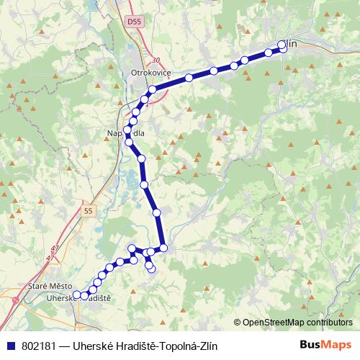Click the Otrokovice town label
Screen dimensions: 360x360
149,73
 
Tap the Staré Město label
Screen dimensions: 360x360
47,286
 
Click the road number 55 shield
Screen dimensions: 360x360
88,211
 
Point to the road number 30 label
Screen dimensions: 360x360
156,60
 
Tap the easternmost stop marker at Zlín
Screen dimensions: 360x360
284,48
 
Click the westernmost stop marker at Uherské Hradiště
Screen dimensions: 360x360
76,294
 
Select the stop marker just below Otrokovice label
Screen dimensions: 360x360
152,89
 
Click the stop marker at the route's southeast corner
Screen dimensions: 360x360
163,248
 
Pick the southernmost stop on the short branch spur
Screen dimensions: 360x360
151,269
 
